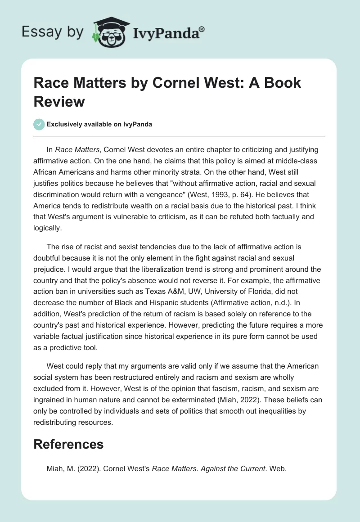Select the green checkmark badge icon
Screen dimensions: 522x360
pos(39,124)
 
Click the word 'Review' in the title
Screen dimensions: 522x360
pos(59,101)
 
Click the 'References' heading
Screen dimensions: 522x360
pos(68,444)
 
